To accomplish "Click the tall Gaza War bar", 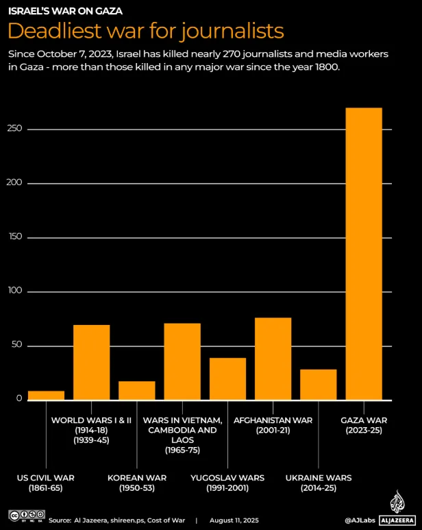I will click(x=364, y=254).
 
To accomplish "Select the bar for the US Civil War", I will click(x=46, y=396).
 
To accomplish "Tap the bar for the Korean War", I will click(x=137, y=391).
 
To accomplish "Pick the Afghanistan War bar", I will click(x=273, y=359).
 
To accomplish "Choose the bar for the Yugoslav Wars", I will click(x=227, y=378).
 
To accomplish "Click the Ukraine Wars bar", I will click(x=318, y=385).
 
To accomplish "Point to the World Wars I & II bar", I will click(x=91, y=362).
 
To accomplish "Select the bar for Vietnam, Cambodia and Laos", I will click(x=182, y=361).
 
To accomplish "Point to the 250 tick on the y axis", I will click(x=16, y=129).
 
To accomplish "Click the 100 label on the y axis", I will click(x=16, y=291).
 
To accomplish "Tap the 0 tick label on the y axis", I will click(x=19, y=399).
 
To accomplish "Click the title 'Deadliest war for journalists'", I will click(x=146, y=31).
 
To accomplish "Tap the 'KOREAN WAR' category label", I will click(x=137, y=477).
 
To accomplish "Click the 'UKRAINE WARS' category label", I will click(x=318, y=477).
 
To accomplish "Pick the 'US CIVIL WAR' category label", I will click(x=46, y=477).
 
